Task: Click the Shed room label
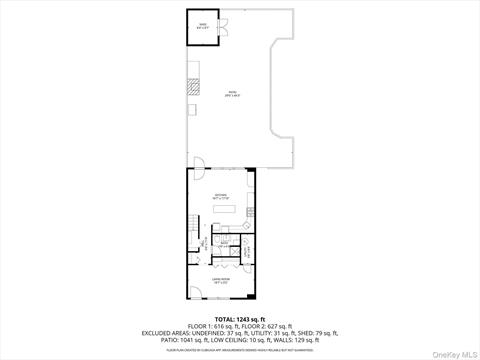click(202, 27)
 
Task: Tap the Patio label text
click(231, 94)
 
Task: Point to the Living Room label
click(221, 281)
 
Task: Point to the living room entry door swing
click(194, 292)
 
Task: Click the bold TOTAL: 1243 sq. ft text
click(240, 318)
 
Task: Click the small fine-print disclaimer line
click(240, 350)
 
